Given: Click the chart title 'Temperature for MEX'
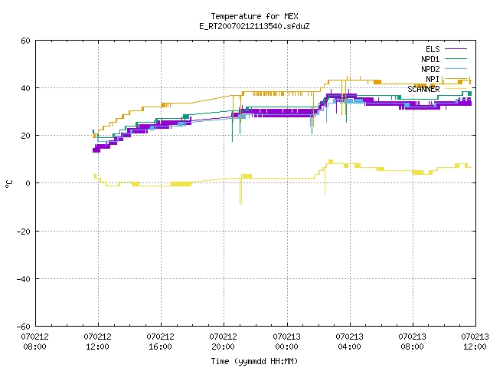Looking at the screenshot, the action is [x=254, y=16].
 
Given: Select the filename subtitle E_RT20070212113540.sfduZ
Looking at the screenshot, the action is [x=254, y=26].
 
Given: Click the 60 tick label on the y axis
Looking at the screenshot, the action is [x=25, y=41].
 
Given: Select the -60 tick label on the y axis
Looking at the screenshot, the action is [x=24, y=327].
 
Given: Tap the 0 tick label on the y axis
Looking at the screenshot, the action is [x=28, y=183].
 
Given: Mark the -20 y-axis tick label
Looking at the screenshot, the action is [x=24, y=232].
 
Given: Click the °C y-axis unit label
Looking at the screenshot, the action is [x=8, y=184].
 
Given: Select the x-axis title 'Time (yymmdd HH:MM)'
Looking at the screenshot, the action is [x=254, y=361].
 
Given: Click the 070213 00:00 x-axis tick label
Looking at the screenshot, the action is [x=286, y=342].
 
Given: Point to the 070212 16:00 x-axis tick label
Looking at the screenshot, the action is [x=160, y=342].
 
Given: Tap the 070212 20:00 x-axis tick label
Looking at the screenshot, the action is [x=223, y=342].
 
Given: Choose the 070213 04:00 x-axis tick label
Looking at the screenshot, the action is [x=349, y=342].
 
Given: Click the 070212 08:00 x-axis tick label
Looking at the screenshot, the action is [x=34, y=342].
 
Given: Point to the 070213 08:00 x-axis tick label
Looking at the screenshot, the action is [x=412, y=342].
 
